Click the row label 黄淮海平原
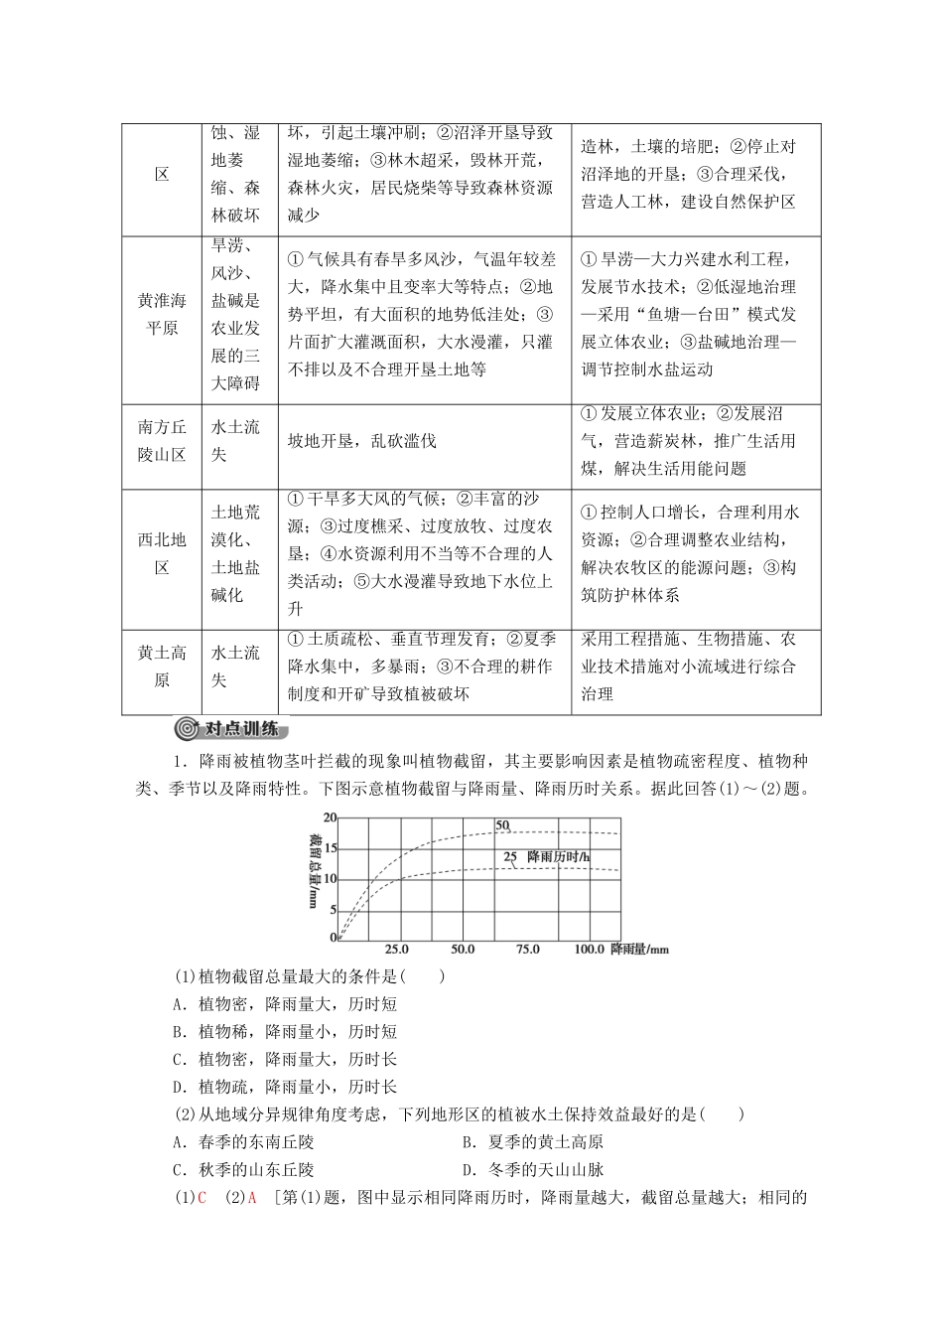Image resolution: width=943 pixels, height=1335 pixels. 162,314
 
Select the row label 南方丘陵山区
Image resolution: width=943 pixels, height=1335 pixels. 162,441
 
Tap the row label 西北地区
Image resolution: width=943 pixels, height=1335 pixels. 162,554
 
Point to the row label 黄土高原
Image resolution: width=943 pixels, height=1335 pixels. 162,667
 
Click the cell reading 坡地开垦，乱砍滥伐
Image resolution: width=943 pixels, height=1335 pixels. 361,441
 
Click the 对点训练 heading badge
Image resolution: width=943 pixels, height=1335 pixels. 230,729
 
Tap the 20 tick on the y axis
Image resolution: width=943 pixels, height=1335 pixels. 332,817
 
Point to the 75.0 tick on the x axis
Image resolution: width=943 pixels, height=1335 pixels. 527,950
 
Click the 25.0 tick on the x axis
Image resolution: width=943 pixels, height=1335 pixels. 396,950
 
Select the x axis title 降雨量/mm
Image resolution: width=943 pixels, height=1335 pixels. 640,950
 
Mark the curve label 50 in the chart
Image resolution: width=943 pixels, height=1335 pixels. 502,825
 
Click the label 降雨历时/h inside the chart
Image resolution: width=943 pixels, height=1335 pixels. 559,855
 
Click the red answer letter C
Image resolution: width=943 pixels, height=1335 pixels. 202,1198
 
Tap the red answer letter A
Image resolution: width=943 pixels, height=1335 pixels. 252,1198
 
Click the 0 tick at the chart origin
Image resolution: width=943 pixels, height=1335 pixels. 334,937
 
